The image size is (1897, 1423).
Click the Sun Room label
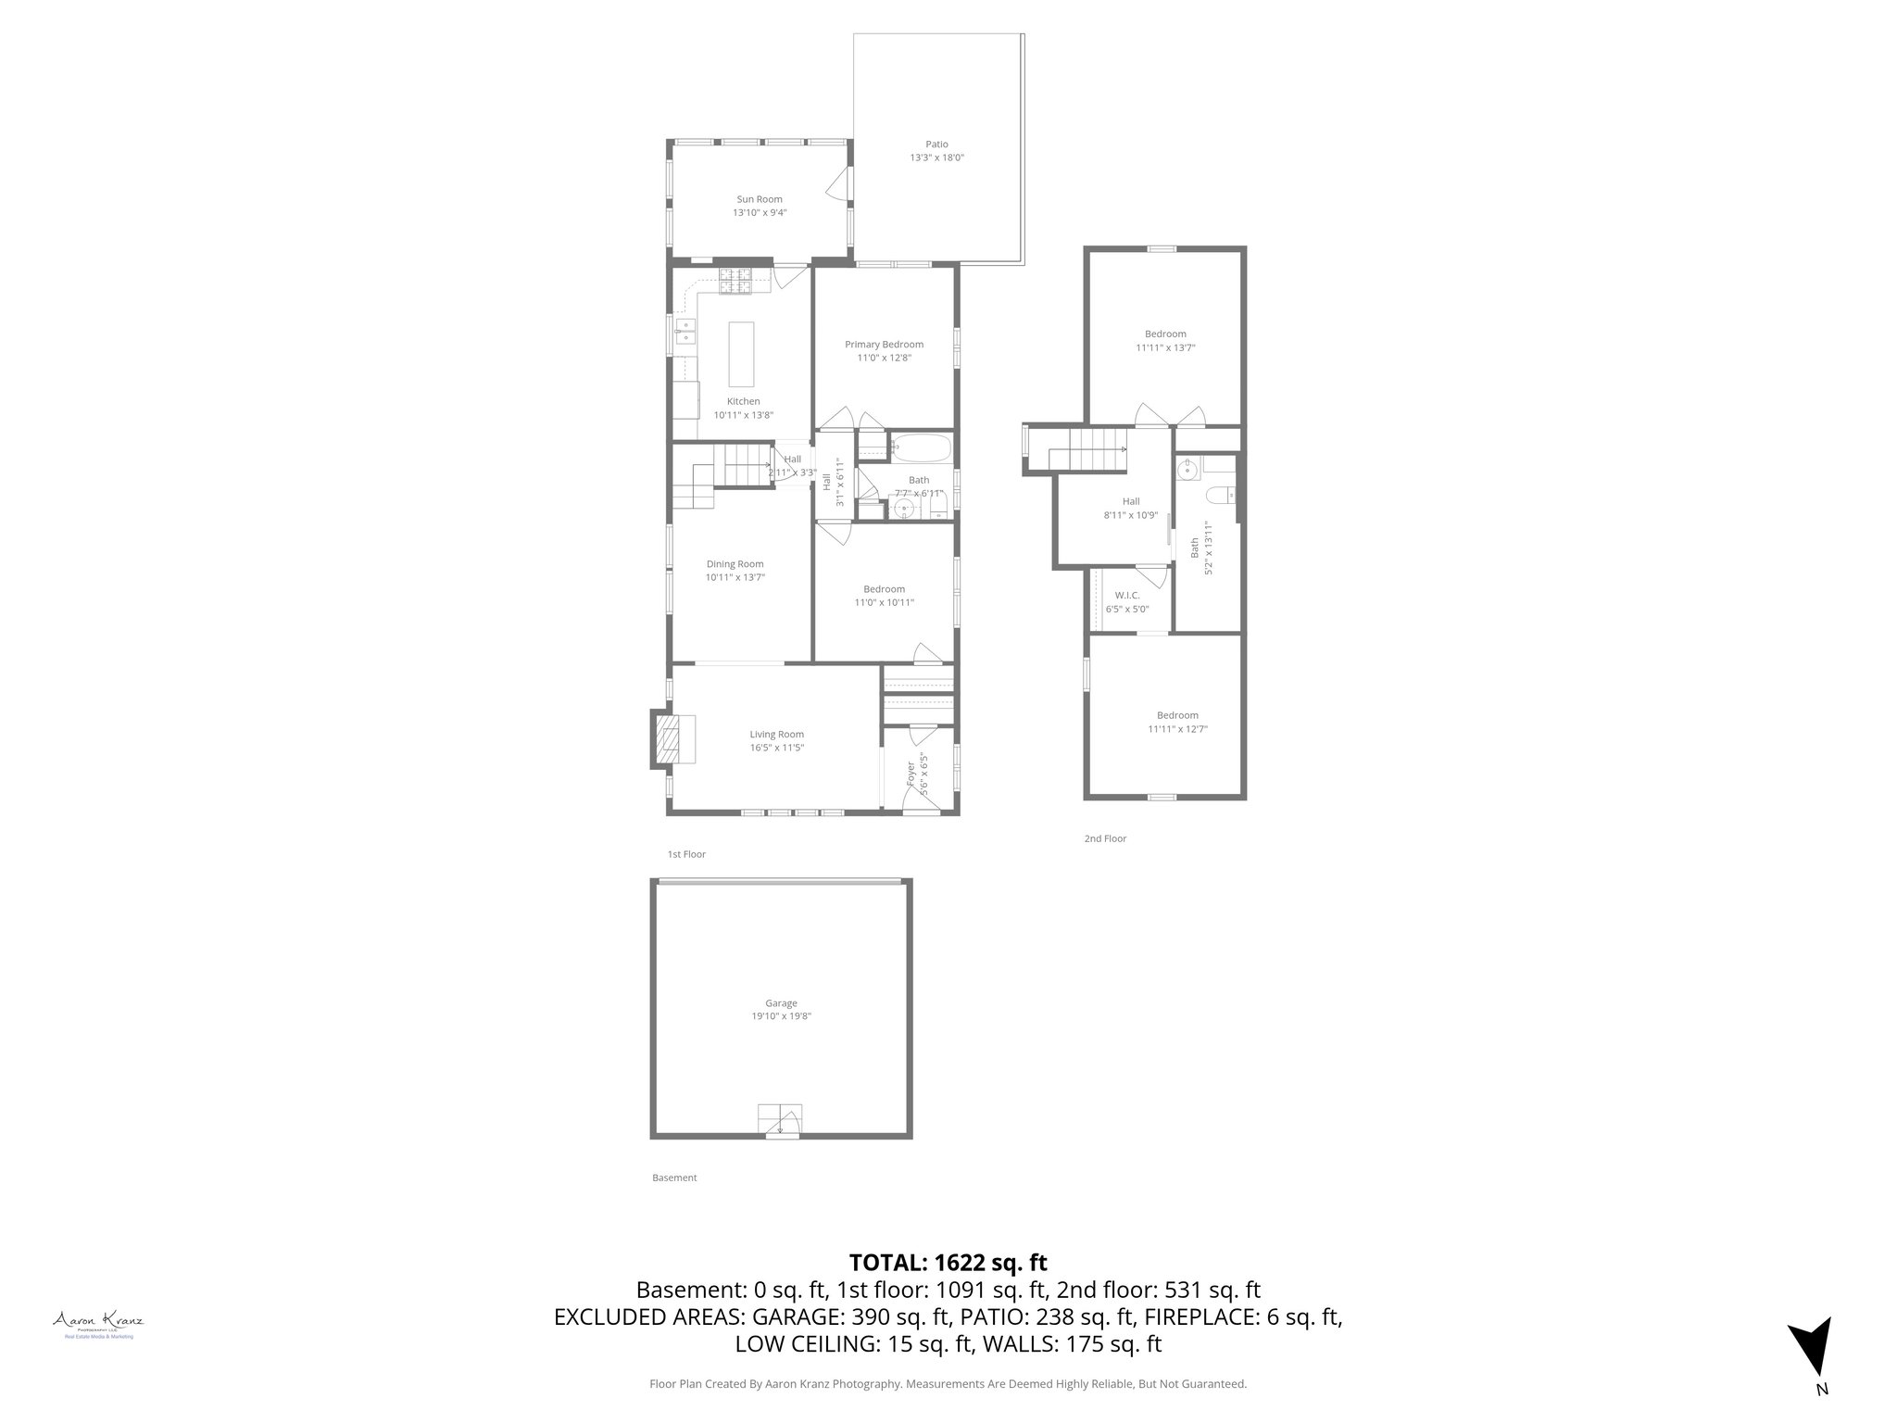point(760,199)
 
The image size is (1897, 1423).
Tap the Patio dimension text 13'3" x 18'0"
point(936,157)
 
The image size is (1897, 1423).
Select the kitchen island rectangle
point(742,354)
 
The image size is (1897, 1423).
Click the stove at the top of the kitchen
point(735,281)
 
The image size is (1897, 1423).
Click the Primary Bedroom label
point(884,345)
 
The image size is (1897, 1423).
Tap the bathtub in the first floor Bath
point(921,449)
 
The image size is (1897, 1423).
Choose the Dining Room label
point(735,564)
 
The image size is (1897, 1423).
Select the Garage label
point(781,1003)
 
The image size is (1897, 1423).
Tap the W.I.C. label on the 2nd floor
point(1127,596)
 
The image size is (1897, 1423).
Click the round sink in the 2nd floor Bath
point(1188,472)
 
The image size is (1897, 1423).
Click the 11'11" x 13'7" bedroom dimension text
point(1165,348)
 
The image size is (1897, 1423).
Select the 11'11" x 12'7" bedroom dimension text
point(1177,729)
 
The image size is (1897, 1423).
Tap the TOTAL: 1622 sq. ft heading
point(948,1262)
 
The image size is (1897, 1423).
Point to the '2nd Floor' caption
point(1105,838)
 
